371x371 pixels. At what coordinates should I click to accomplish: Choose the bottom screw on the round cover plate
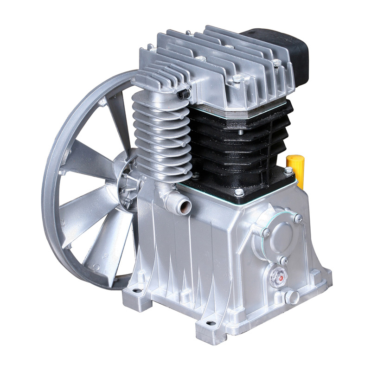tap(282, 260)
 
